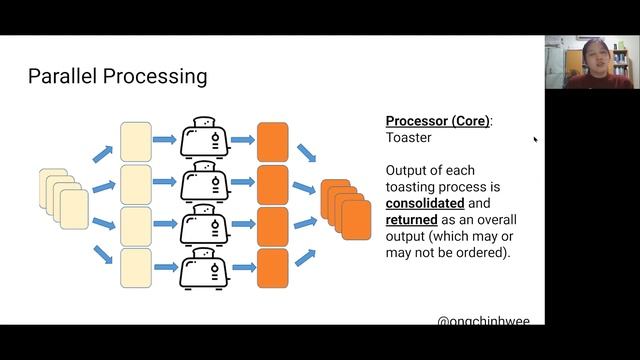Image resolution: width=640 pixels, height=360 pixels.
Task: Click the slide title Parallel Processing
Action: [117, 76]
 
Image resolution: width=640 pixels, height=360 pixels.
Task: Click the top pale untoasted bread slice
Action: [135, 141]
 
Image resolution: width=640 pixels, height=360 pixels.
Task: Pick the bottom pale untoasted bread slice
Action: [135, 268]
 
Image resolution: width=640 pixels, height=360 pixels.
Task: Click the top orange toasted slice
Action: [272, 141]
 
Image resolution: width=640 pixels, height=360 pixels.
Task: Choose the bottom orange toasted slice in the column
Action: [272, 268]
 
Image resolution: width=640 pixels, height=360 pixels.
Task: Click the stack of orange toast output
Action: [345, 206]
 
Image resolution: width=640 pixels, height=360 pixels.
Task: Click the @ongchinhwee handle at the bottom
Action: [483, 321]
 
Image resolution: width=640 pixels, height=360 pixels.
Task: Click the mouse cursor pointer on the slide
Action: [535, 140]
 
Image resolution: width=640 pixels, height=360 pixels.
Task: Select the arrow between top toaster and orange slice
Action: [242, 141]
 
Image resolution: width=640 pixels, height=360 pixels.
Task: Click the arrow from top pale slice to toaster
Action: [165, 141]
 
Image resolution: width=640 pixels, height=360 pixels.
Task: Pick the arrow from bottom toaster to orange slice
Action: [242, 267]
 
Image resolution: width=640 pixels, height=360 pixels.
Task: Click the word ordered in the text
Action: [474, 253]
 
